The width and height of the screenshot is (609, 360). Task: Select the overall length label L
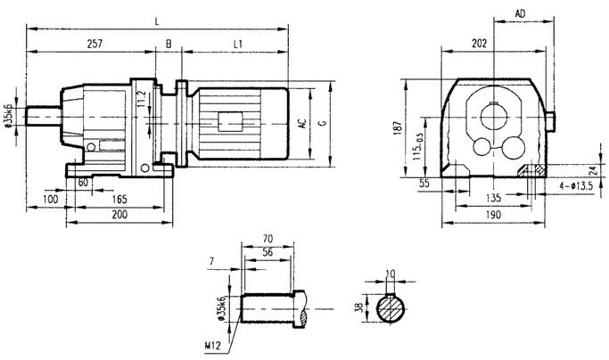(x=158, y=19)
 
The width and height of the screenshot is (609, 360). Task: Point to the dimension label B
(x=169, y=43)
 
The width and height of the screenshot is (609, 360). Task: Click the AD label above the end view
(x=520, y=13)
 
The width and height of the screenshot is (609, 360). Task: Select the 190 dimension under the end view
(x=492, y=216)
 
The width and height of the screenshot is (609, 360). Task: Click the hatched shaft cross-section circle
(x=389, y=309)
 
